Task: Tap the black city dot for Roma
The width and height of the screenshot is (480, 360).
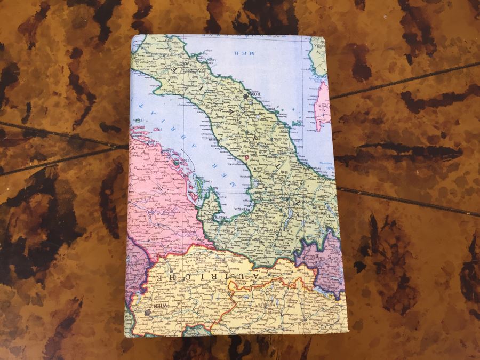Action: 246,97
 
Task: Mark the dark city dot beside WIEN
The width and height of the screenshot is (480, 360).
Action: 147,311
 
